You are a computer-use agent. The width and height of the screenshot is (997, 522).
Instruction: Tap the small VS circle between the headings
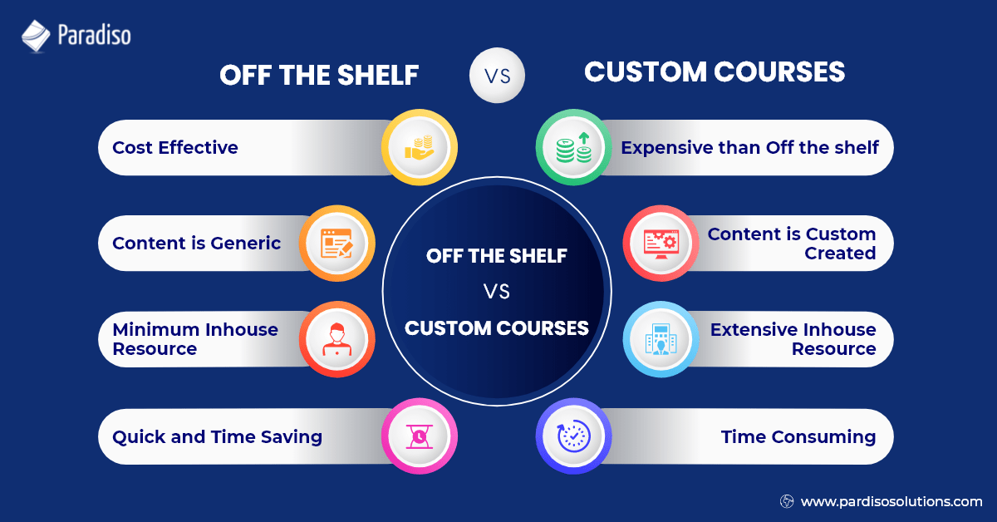pos(497,76)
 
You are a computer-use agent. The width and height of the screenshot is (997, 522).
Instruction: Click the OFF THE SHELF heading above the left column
pos(319,75)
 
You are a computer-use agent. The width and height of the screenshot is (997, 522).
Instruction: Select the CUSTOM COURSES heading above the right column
pos(715,72)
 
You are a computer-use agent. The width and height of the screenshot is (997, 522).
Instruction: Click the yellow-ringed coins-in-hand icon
pos(420,148)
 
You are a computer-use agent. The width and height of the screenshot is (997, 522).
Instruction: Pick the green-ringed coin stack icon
pos(574,148)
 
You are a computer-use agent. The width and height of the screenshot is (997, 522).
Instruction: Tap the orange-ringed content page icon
pos(336,244)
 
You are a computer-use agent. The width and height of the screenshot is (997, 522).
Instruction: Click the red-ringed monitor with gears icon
pos(661,244)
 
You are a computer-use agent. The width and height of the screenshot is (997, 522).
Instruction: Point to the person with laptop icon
pos(336,339)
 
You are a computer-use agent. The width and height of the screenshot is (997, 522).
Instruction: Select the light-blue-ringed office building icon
pos(661,339)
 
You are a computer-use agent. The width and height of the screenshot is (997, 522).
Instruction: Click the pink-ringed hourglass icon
pos(420,436)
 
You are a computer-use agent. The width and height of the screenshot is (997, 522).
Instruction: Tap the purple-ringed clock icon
pos(574,436)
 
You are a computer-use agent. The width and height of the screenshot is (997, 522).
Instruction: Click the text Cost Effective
pos(175,148)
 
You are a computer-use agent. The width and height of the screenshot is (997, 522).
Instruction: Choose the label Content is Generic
pos(197,244)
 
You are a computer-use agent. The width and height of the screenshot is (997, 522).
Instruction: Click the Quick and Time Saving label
pos(218,436)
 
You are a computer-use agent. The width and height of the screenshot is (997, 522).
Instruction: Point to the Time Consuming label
pos(798,436)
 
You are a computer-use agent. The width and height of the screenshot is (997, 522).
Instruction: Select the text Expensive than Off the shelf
pos(750,148)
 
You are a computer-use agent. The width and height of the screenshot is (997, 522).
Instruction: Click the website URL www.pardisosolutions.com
pos(891,501)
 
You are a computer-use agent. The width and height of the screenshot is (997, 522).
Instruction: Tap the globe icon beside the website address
pos(787,501)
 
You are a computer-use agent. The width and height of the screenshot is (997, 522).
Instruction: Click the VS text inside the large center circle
pos(497,292)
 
